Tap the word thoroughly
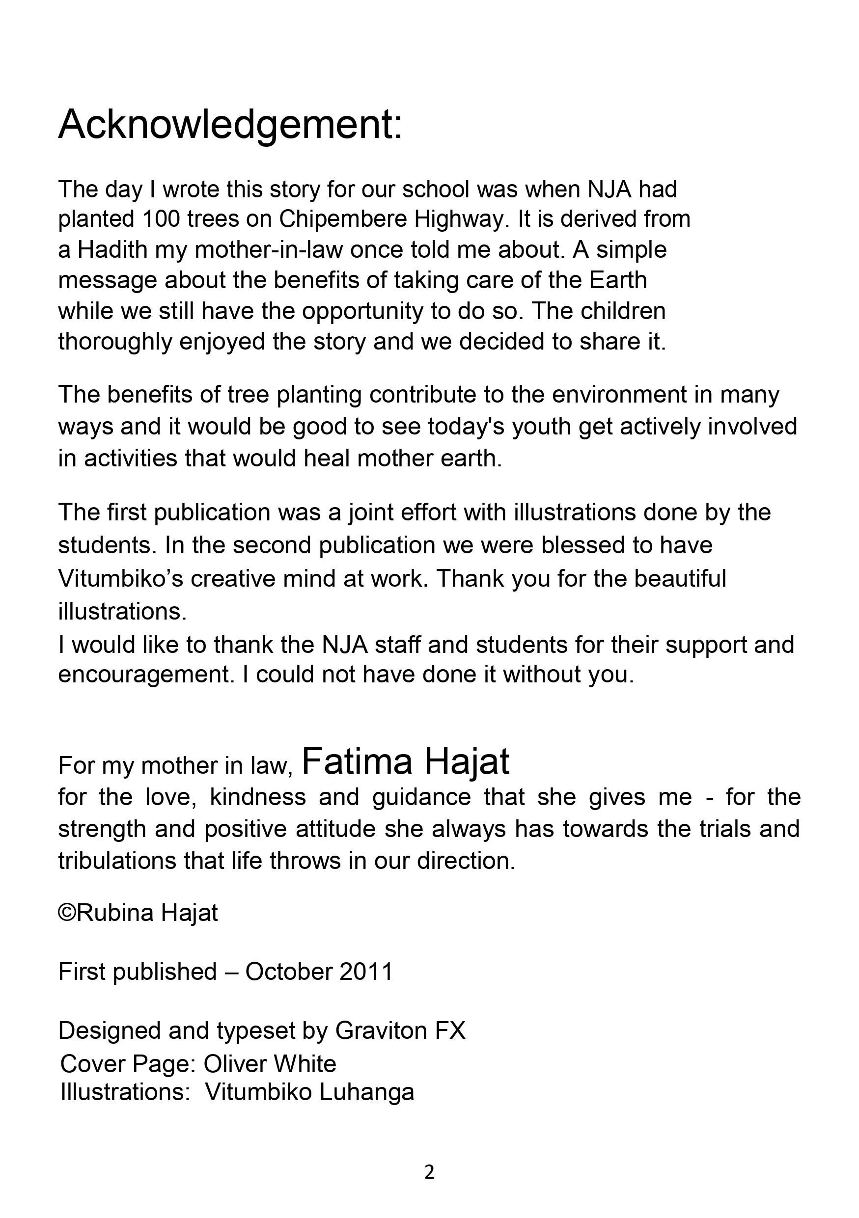115,342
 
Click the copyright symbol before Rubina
67,913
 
